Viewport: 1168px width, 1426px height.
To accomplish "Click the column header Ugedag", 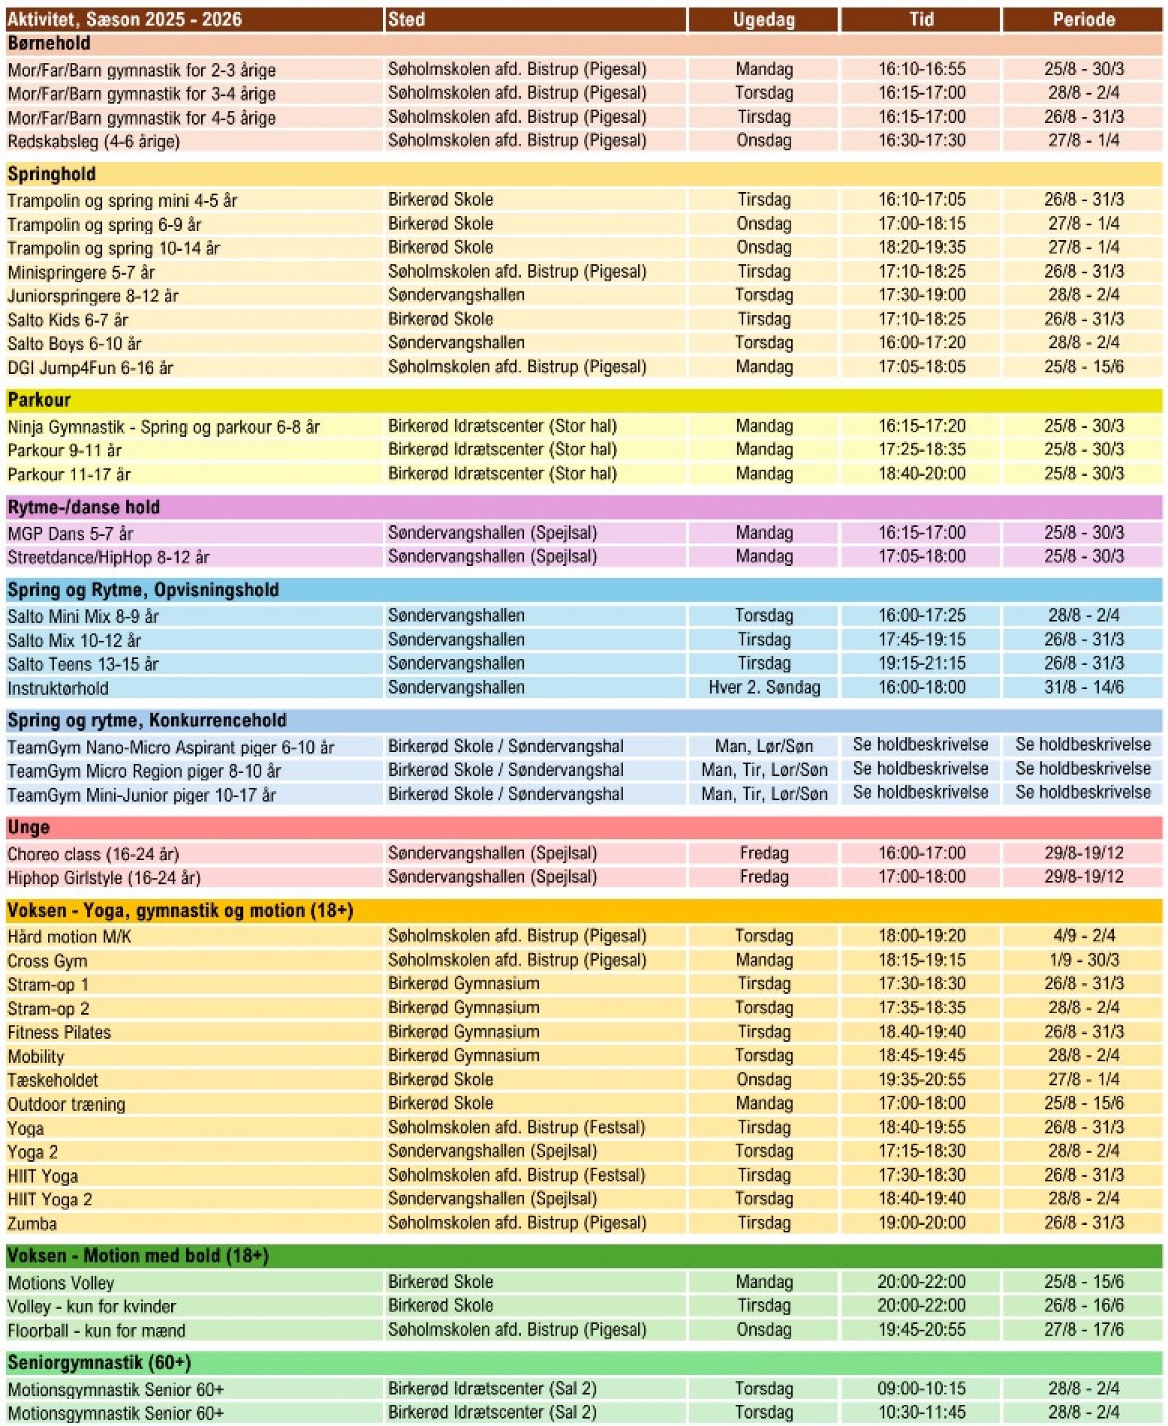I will click(763, 19).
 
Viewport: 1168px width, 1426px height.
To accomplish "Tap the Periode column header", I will click(1083, 19).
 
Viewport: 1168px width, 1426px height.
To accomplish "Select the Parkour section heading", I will click(39, 400).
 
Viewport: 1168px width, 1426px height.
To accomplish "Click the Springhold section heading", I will click(51, 174).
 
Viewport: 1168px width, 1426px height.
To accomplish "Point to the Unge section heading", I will click(28, 827).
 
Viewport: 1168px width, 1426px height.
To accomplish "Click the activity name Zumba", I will click(32, 1224).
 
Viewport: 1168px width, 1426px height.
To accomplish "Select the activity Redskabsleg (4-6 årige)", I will click(94, 142).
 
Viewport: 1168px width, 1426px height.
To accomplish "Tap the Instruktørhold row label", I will click(58, 688).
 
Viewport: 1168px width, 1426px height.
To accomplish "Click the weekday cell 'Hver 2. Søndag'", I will click(763, 687).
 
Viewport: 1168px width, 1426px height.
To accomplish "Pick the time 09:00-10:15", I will click(921, 1388).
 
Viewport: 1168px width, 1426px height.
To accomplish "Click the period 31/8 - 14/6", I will click(1083, 687).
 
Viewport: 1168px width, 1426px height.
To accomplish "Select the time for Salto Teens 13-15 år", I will click(921, 663).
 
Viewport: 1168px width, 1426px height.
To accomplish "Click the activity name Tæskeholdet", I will click(52, 1080).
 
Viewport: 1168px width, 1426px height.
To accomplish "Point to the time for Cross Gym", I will click(921, 960).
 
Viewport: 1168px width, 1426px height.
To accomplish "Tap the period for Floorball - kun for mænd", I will click(1083, 1330).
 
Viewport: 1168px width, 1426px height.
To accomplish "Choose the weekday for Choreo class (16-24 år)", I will click(763, 853).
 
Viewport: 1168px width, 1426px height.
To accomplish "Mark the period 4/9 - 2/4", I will click(1083, 936).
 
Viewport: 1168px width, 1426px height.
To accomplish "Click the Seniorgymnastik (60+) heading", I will click(99, 1362).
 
